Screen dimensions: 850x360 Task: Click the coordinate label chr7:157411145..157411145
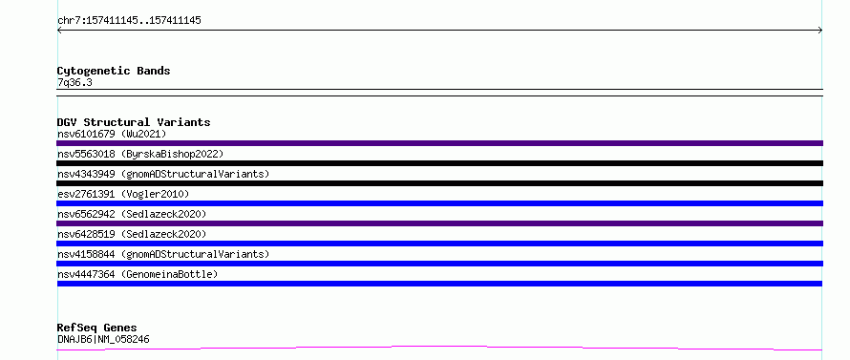coord(129,21)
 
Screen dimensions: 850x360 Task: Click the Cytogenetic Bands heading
coord(114,71)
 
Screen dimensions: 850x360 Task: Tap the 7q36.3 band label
coord(74,83)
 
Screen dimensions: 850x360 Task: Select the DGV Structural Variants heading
coord(134,122)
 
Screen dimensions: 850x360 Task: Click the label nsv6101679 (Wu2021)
coord(112,134)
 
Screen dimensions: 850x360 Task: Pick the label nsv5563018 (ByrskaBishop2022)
coord(140,154)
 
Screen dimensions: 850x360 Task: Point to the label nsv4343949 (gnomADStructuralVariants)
coord(163,174)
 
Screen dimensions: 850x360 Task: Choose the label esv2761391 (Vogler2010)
coord(123,194)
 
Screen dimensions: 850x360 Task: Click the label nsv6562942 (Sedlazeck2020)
coord(132,214)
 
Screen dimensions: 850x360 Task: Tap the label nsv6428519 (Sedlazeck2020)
coord(132,234)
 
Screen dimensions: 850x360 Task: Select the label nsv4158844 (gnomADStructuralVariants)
coord(163,254)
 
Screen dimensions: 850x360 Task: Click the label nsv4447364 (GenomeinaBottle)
coord(138,274)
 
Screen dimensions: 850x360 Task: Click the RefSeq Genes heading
coord(97,328)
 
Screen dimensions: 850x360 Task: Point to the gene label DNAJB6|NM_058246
coord(103,339)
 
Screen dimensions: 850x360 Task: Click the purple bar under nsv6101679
coord(439,143)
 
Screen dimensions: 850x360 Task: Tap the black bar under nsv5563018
coord(439,163)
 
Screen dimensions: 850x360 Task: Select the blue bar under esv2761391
coord(439,203)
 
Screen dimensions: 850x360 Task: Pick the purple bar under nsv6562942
coord(439,223)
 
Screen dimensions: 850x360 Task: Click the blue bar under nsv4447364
coord(439,284)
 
